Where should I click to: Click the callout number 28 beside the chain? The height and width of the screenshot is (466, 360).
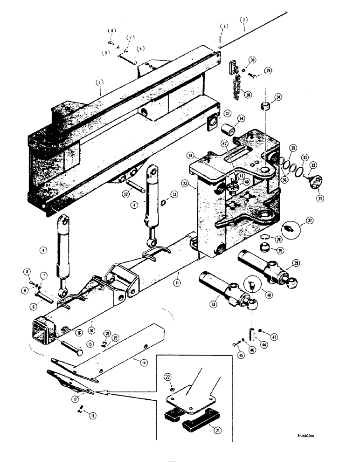(x=248, y=95)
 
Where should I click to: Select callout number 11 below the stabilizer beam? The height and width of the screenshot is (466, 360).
(x=178, y=283)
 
